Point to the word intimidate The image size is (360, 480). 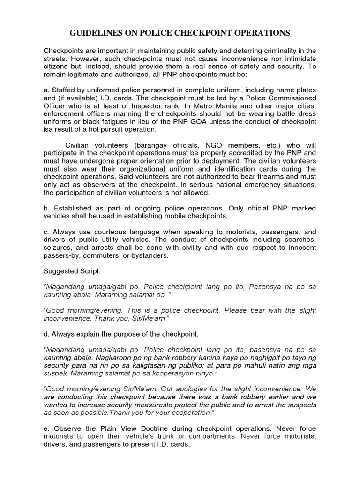pyautogui.click(x=299, y=59)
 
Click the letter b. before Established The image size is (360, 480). pyautogui.click(x=46, y=208)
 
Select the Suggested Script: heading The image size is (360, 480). pyautogui.click(x=69, y=271)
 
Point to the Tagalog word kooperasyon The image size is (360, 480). pyautogui.click(x=173, y=373)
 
